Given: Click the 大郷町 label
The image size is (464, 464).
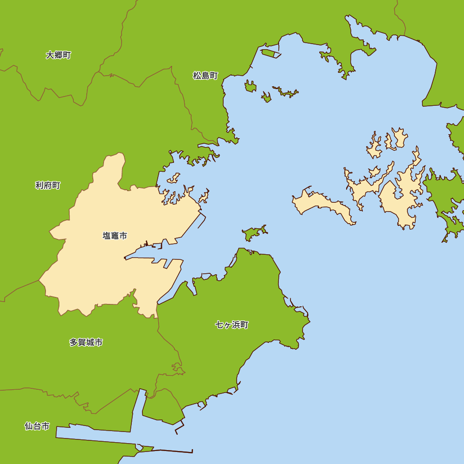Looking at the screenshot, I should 58,55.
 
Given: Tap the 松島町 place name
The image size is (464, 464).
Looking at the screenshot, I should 205,76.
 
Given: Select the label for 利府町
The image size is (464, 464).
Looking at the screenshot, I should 48,186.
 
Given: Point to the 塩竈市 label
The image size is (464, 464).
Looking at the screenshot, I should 115,236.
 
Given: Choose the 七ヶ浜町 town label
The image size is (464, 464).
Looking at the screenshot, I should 232,325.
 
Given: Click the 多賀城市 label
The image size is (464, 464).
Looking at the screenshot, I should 86,342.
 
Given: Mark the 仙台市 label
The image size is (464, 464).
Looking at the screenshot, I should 37,426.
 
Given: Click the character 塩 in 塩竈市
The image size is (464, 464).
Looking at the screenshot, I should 107,236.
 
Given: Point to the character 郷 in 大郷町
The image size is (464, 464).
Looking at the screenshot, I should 58,55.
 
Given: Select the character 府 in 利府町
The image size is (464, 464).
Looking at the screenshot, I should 48,186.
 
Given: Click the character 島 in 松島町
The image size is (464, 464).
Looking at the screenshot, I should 205,76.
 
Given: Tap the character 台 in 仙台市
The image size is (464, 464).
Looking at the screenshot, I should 37,426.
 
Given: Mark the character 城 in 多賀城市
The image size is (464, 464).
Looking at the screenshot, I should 90,342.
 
